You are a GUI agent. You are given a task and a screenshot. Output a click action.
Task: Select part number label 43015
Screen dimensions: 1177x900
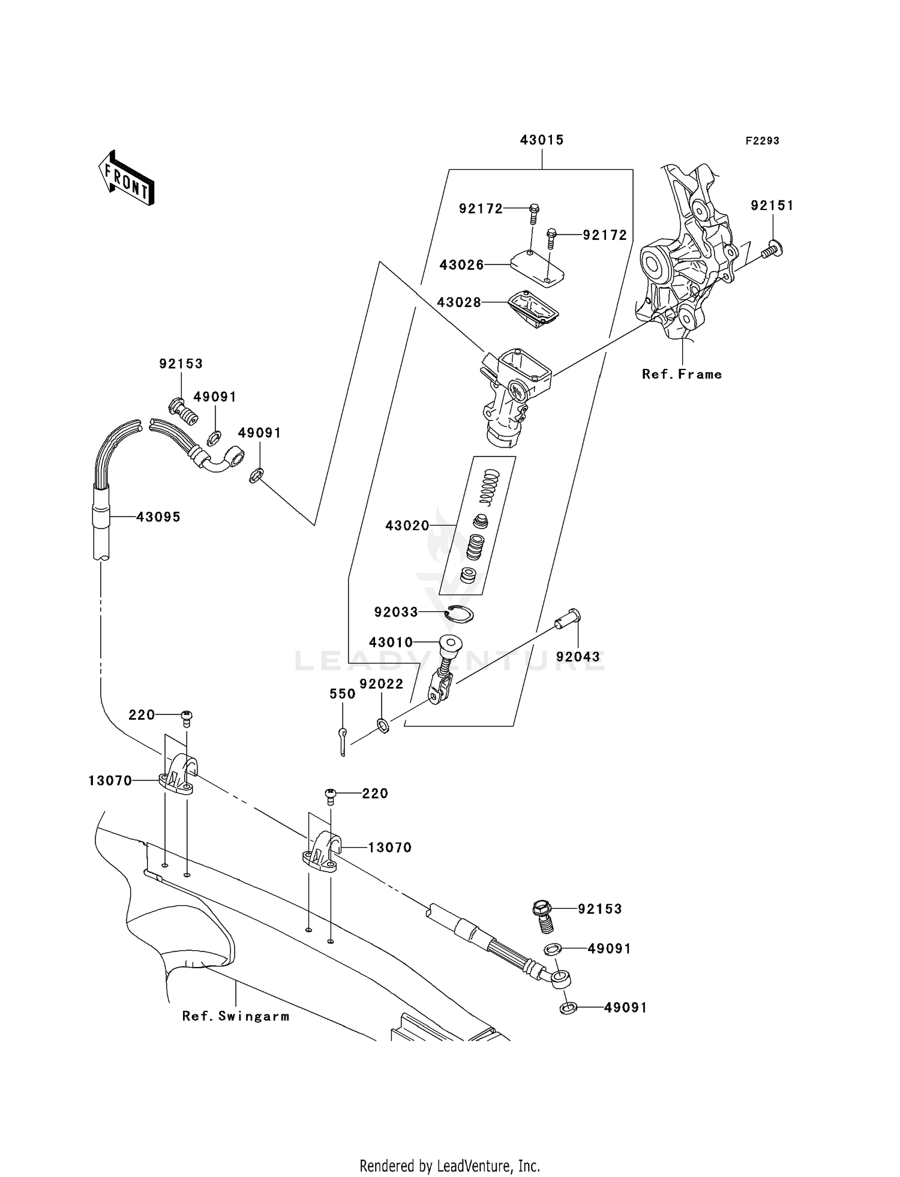click(541, 140)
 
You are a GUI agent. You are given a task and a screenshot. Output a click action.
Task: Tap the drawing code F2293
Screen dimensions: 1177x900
click(762, 141)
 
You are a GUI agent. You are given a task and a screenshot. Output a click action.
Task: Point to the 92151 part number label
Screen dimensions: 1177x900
click(772, 206)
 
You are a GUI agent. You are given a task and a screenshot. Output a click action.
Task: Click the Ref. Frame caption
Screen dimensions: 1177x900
click(682, 374)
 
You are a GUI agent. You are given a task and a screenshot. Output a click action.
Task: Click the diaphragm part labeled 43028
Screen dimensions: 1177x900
click(533, 308)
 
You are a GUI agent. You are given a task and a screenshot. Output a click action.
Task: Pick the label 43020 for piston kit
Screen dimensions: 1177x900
click(407, 526)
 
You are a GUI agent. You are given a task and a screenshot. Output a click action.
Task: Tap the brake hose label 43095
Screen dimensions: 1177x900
click(158, 517)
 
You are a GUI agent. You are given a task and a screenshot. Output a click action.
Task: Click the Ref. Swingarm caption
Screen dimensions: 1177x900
click(235, 1016)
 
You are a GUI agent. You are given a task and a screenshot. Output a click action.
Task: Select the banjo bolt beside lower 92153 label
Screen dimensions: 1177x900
click(542, 915)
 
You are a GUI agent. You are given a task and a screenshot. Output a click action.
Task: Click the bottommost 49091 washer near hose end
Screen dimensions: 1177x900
click(568, 1007)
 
